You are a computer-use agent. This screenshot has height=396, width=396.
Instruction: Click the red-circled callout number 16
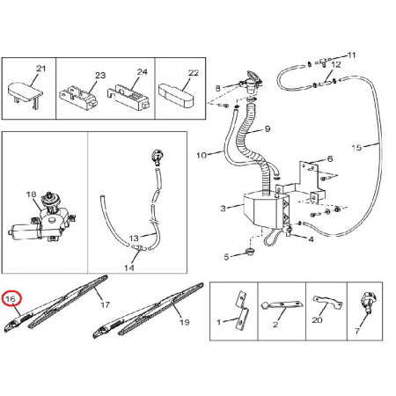click(x=11, y=299)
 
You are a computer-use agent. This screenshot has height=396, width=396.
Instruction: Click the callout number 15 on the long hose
click(x=356, y=147)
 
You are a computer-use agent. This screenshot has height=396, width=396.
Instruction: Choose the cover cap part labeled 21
click(x=25, y=93)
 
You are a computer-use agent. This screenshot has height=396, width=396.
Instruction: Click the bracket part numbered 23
click(x=78, y=96)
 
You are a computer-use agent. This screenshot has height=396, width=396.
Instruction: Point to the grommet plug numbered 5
click(x=250, y=252)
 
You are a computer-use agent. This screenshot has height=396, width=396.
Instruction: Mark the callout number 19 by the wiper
click(x=184, y=322)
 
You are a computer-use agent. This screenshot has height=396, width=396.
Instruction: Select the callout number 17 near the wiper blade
click(x=105, y=304)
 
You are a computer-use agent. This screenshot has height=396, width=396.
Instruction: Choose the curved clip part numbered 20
click(x=327, y=303)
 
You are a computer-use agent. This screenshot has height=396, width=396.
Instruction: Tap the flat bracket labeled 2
click(x=281, y=305)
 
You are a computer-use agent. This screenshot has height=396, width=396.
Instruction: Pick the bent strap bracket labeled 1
click(x=242, y=311)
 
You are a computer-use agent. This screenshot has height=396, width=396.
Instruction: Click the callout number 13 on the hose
click(x=134, y=238)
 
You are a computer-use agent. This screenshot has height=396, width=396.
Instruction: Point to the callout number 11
click(x=351, y=55)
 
